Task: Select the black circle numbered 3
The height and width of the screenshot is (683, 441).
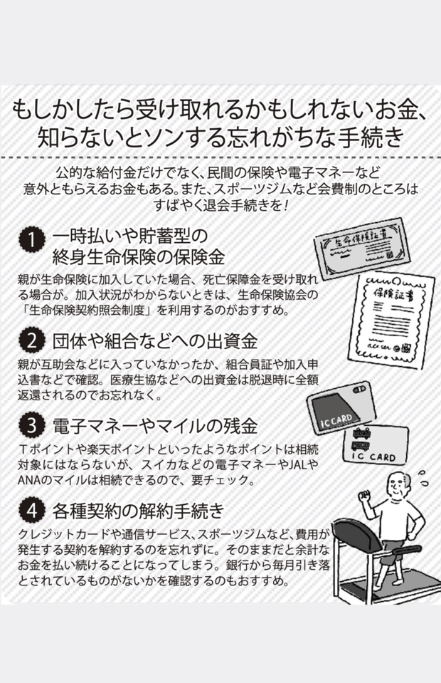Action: coord(32,426)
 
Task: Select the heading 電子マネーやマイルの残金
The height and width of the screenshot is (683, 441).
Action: coord(155,426)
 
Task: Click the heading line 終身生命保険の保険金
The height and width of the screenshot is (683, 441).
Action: coord(138,257)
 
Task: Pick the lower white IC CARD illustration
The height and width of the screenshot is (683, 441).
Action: coord(376,447)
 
